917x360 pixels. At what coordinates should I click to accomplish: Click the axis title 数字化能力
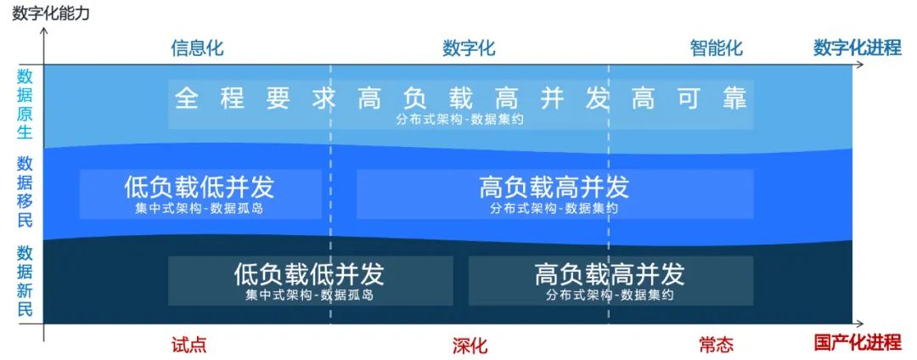pos(50,13)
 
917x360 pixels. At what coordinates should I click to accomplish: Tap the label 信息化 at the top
pos(197,48)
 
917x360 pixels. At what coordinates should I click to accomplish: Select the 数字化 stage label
pos(469,48)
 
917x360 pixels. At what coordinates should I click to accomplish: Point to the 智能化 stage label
pos(716,48)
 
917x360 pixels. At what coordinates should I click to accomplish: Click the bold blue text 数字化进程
pos(856,48)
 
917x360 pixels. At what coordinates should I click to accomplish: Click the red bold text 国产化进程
pos(856,343)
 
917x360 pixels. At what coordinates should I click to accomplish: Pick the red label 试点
pos(188,345)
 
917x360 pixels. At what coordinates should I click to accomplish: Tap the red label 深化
pos(470,346)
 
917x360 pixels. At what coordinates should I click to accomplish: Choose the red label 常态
pos(716,345)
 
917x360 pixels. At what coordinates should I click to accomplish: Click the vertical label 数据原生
pos(25,104)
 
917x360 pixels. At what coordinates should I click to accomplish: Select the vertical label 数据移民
pos(25,191)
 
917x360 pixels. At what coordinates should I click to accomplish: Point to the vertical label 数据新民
pos(25,280)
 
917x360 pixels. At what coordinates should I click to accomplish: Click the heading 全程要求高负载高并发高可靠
pos(460,98)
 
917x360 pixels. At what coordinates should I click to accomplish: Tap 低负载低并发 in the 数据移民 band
pos(200,185)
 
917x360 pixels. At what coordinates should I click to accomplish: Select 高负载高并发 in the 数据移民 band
pos(554,185)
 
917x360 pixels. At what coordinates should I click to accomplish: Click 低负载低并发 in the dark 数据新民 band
pos(309,273)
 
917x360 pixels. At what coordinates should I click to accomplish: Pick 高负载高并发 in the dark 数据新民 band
pos(610,273)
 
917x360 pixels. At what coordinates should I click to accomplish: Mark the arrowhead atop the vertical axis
pos(44,31)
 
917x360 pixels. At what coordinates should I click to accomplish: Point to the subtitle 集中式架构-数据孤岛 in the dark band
pos(309,295)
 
